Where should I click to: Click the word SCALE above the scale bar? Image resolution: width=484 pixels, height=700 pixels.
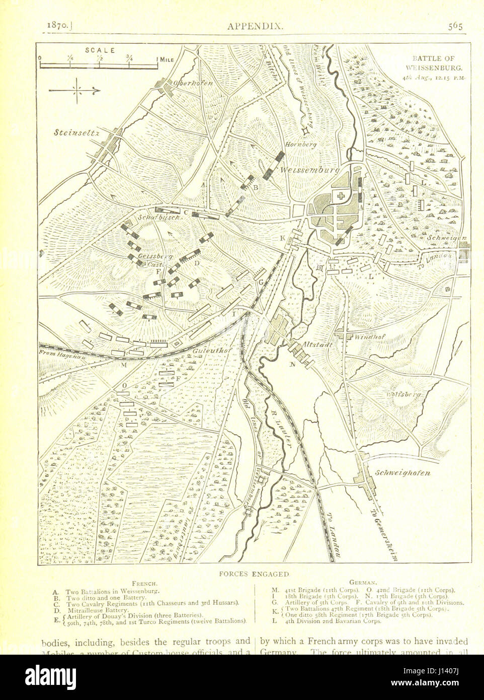click(x=100, y=50)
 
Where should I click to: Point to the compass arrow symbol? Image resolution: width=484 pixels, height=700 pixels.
click(x=75, y=90)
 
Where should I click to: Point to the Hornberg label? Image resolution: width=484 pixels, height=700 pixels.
click(x=300, y=145)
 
